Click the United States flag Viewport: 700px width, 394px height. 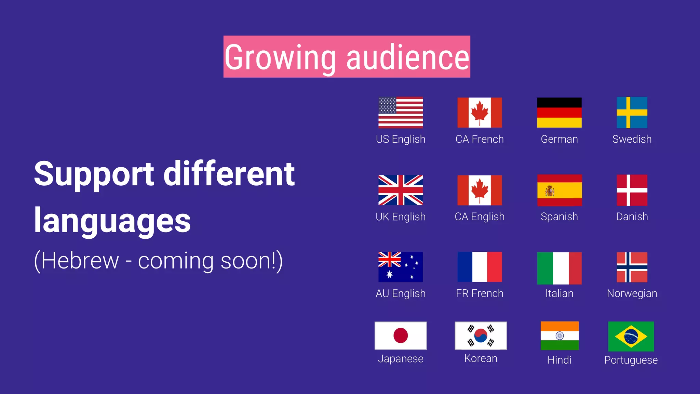[401, 113]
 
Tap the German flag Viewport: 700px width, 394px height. [559, 113]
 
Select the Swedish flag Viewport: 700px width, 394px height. [632, 113]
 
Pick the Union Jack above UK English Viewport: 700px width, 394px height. [401, 190]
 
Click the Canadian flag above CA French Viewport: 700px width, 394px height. [480, 113]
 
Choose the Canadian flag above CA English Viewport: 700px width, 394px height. [480, 190]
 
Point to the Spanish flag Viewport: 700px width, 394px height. [559, 190]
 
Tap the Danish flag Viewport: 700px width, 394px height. [632, 190]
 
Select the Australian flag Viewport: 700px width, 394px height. [401, 267]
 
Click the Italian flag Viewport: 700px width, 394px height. [559, 268]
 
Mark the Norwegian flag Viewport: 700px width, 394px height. [632, 267]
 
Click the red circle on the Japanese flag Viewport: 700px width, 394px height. [401, 336]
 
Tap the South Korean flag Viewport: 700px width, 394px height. [481, 336]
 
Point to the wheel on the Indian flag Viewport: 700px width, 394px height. [560, 336]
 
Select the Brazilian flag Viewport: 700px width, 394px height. [631, 337]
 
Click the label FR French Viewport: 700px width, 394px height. [480, 293]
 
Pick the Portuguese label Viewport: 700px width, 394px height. [631, 360]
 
